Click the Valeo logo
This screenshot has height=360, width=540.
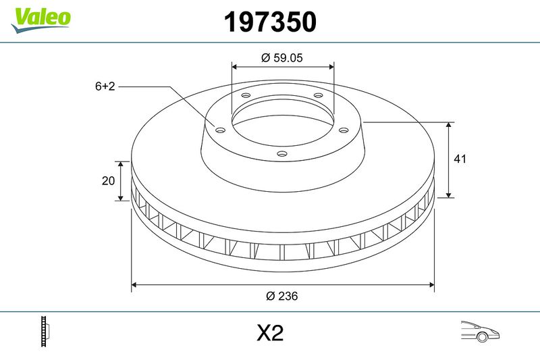40,20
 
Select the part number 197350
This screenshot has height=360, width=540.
270,22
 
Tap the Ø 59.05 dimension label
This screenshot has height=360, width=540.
281,57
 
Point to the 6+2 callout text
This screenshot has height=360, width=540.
105,86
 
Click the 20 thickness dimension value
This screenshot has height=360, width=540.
108,180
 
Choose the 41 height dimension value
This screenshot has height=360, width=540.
460,159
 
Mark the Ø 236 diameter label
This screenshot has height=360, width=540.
281,296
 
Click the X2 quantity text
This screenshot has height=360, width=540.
270,333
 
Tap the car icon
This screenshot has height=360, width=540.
480,332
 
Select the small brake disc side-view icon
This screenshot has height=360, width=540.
45,331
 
